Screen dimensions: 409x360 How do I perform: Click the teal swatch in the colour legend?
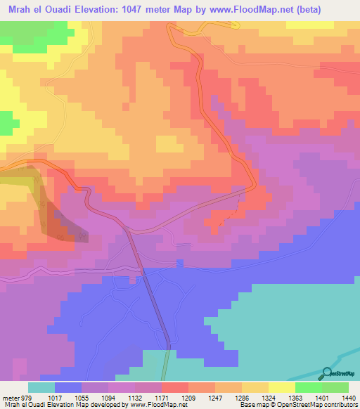(x=41, y=387)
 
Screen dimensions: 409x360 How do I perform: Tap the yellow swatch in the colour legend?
(x=281, y=387)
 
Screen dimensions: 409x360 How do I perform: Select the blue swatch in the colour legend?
(x=68, y=387)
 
